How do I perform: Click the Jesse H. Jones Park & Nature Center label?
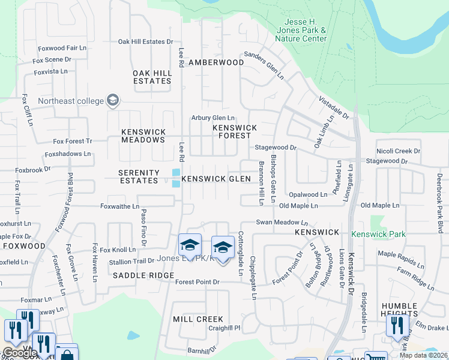click(301, 30)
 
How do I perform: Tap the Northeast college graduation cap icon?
click(113, 101)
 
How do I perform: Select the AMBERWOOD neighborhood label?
click(216, 62)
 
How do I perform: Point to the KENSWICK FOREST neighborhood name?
click(235, 131)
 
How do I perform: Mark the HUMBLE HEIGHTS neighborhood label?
click(399, 310)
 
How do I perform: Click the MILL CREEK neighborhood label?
click(198, 319)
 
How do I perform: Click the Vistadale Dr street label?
click(333, 107)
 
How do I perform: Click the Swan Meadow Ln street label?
click(282, 221)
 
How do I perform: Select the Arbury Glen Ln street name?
click(213, 118)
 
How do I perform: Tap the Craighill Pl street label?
click(220, 328)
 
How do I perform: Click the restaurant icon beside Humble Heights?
click(397, 325)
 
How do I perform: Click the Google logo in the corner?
click(19, 353)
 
